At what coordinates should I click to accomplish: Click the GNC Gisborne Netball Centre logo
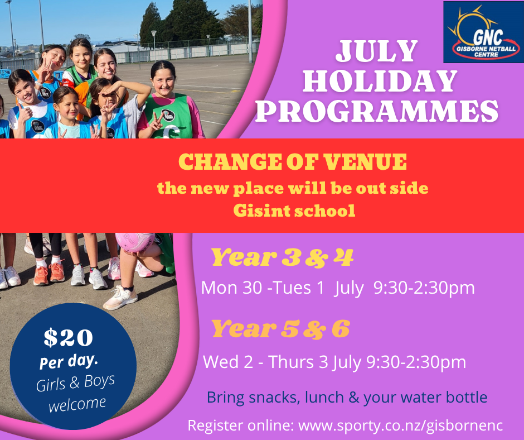pyautogui.click(x=483, y=32)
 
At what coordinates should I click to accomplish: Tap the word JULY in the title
pyautogui.click(x=377, y=51)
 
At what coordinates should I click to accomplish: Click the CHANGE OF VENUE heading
pyautogui.click(x=293, y=162)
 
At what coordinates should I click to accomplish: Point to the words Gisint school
pyautogui.click(x=294, y=211)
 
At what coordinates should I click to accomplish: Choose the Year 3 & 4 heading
pyautogui.click(x=282, y=257)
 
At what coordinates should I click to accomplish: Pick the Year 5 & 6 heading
pyautogui.click(x=281, y=328)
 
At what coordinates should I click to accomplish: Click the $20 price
pyautogui.click(x=68, y=337)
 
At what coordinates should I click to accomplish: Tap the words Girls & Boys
pyautogui.click(x=75, y=382)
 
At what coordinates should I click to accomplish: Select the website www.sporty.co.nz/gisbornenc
pyautogui.click(x=400, y=425)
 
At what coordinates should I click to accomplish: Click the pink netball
pyautogui.click(x=135, y=242)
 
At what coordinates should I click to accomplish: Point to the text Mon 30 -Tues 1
pyautogui.click(x=263, y=288)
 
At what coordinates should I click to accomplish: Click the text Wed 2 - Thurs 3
pyautogui.click(x=266, y=362)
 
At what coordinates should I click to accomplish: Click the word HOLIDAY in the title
pyautogui.click(x=380, y=81)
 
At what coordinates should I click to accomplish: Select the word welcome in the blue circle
pyautogui.click(x=77, y=404)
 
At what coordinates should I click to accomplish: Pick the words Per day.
pyautogui.click(x=69, y=362)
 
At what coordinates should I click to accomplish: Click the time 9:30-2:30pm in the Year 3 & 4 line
pyautogui.click(x=424, y=288)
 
